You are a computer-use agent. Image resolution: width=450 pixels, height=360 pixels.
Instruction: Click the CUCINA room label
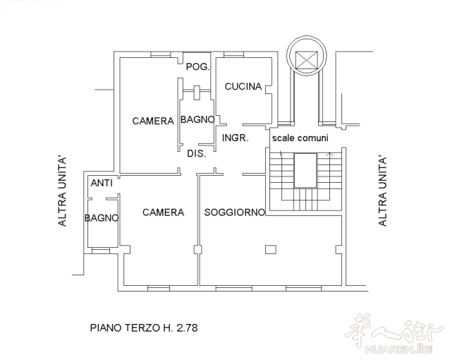pos(243,87)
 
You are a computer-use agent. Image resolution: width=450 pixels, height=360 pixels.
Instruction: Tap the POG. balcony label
pos(198,67)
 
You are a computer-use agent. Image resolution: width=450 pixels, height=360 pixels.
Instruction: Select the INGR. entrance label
pos(236,138)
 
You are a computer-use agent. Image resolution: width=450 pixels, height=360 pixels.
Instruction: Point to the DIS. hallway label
pos(197,154)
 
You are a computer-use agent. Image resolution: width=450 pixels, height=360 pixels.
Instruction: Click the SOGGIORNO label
pos(234,212)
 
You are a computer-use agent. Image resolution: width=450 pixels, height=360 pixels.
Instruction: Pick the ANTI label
pos(102,183)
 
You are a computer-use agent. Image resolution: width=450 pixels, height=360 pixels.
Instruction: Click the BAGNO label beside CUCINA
pos(197,119)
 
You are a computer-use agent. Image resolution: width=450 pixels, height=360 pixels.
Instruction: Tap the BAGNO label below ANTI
pos(102,218)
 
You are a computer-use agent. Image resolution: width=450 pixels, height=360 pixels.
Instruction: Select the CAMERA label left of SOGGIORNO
pos(164,212)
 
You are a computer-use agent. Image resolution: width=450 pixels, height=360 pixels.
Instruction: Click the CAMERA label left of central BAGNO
pos(153,121)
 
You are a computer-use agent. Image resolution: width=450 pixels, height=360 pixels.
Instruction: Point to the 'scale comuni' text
pos(300,138)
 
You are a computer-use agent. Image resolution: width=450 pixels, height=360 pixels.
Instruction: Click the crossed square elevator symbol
pos(307,60)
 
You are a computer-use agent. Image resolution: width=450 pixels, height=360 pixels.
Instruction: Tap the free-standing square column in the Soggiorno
pos(271,249)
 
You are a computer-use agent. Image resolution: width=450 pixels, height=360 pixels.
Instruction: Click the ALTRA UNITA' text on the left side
pos(62,191)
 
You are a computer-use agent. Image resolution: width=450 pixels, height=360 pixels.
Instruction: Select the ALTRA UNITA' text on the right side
pos(382,191)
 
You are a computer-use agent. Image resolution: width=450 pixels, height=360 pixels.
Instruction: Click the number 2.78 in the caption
pos(187,328)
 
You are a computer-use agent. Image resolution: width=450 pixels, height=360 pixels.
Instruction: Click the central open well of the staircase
pos(305,170)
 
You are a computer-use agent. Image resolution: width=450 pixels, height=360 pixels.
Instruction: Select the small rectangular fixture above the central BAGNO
pos(197,92)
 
